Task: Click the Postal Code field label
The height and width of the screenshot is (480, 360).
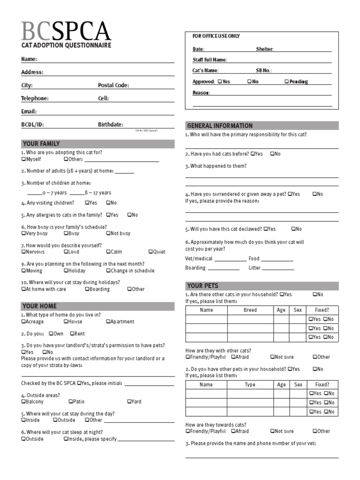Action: (x=113, y=85)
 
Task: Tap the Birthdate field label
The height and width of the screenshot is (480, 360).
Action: (x=111, y=125)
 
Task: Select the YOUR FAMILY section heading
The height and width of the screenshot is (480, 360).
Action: (x=41, y=143)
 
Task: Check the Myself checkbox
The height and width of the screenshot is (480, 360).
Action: (x=23, y=159)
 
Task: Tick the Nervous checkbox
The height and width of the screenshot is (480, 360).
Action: (x=23, y=252)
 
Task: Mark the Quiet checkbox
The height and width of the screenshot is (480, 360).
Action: (x=150, y=252)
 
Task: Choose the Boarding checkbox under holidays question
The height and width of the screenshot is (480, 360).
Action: (x=87, y=289)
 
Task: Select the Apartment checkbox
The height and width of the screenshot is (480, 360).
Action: (x=108, y=322)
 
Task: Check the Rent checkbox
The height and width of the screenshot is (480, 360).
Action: (x=72, y=334)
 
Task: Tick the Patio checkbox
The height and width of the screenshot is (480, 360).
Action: (x=70, y=401)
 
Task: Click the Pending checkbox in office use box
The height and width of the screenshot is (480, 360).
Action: (x=286, y=82)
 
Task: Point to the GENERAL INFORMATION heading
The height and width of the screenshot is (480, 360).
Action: (x=219, y=126)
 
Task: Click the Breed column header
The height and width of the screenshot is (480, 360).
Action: (x=250, y=310)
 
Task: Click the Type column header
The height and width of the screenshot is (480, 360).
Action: (x=250, y=384)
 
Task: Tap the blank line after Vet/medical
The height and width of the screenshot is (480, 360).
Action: (x=230, y=259)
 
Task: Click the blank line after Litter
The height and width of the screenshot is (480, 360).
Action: (x=278, y=269)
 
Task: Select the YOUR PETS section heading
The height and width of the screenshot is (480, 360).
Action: (x=202, y=285)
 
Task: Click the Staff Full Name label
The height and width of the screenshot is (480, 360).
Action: (x=210, y=60)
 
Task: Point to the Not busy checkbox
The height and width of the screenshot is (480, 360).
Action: (x=108, y=233)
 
